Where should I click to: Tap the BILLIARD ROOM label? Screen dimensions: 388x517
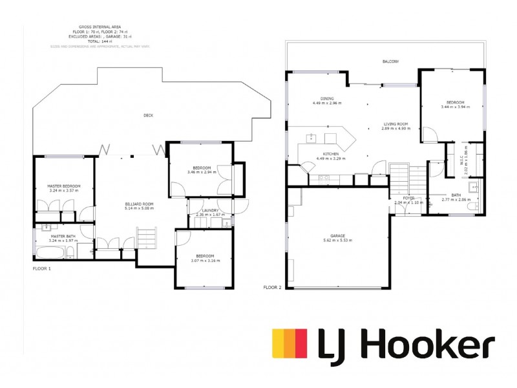[139, 204]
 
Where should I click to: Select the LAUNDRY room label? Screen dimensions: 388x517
[210, 210]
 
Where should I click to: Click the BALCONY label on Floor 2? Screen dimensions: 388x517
[390, 61]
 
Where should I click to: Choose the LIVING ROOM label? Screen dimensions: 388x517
[396, 124]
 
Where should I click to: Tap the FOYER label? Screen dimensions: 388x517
[408, 198]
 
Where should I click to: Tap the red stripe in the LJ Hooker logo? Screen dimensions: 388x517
[301, 343]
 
